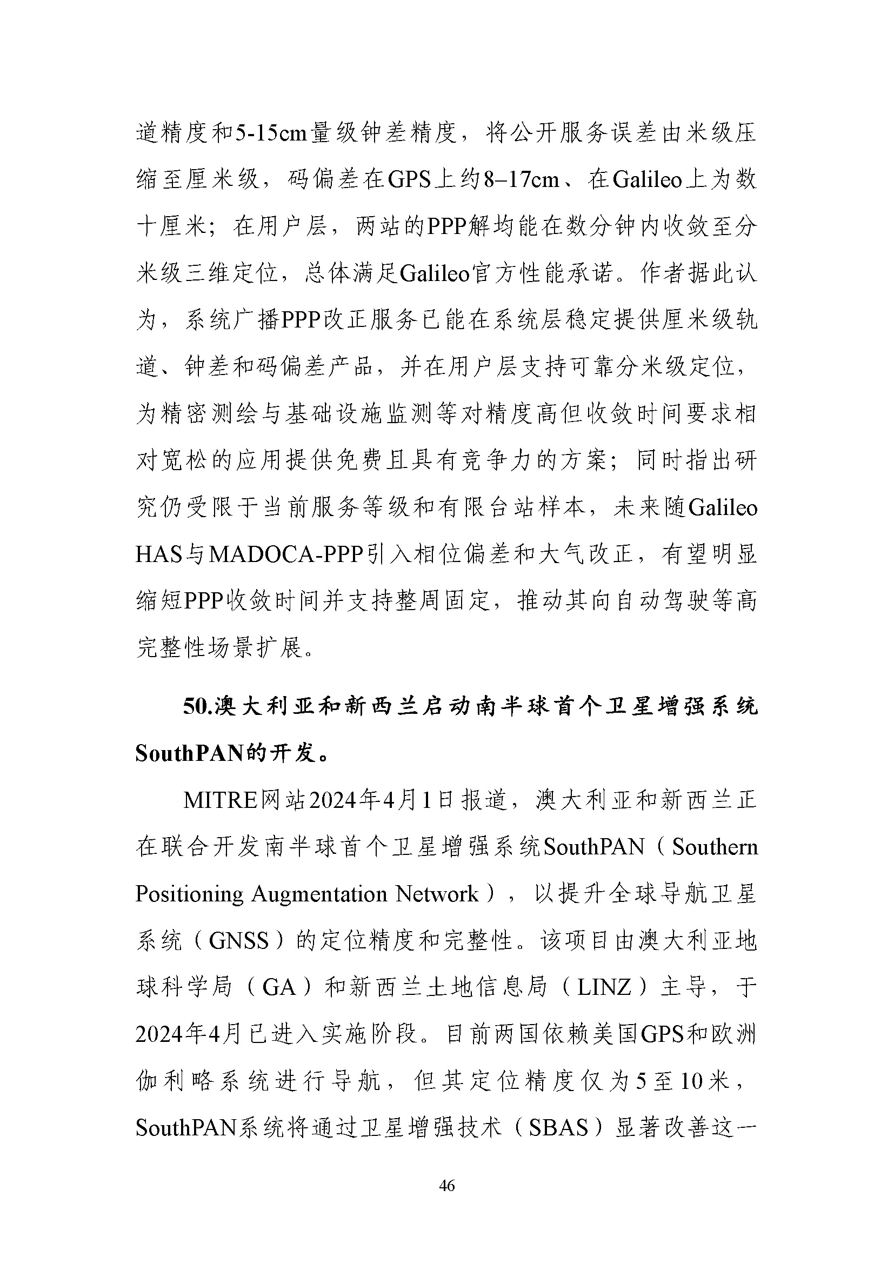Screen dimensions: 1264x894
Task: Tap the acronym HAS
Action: coord(158,554)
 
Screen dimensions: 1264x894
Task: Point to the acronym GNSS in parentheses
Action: coord(238,941)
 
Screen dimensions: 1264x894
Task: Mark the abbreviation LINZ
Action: coord(604,988)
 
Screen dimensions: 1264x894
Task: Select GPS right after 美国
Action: coord(661,1034)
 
